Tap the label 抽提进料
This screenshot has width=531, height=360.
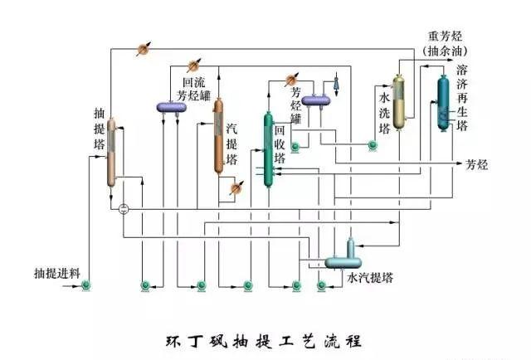pyautogui.click(x=56, y=273)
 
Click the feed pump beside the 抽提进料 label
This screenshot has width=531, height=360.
pyautogui.click(x=86, y=287)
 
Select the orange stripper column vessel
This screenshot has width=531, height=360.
pyautogui.click(x=218, y=137)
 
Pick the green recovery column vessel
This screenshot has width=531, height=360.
pyautogui.click(x=269, y=149)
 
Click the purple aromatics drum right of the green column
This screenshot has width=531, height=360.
pyautogui.click(x=316, y=100)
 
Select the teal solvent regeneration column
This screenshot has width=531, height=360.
pyautogui.click(x=441, y=103)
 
